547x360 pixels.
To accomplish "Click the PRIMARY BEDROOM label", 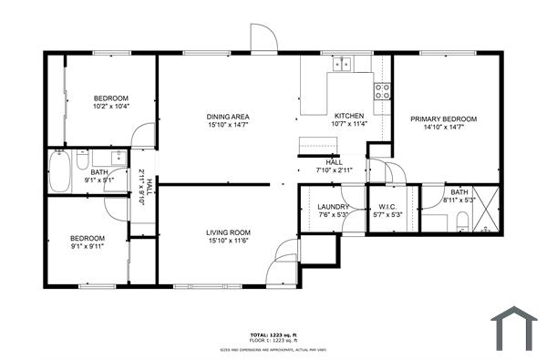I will (444, 119).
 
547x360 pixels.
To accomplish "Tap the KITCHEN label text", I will (349, 116).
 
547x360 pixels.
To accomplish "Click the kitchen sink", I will (343, 63).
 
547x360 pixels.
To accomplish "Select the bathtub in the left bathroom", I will (60, 171).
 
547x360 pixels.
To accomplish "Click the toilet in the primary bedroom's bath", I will (462, 220).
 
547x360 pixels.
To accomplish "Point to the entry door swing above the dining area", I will (265, 38).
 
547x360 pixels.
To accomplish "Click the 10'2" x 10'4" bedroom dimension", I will (111, 107).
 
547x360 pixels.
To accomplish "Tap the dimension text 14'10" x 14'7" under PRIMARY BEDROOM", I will (444, 129).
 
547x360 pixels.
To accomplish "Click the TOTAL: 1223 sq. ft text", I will (273, 334).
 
